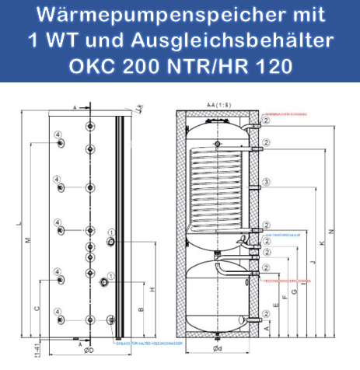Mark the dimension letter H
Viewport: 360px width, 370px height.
[152, 289]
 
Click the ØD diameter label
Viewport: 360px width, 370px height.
[89, 351]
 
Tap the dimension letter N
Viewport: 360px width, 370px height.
[330, 231]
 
